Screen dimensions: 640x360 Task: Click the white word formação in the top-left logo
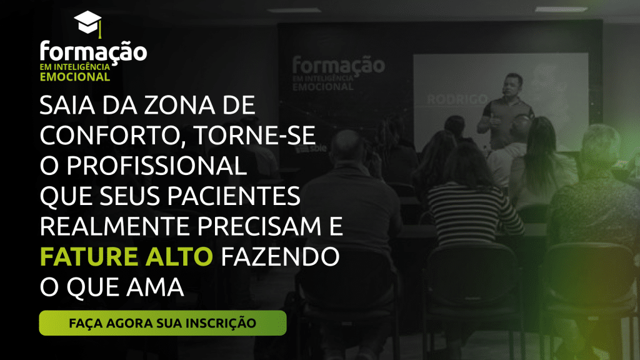(93, 52)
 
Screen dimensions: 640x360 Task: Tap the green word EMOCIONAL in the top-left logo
(75, 77)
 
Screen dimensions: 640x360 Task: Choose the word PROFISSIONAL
(156, 166)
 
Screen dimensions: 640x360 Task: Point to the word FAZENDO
(280, 257)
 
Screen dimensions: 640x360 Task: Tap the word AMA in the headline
(155, 287)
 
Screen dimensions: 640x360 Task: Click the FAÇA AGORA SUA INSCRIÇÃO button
(162, 323)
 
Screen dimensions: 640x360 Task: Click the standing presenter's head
(512, 85)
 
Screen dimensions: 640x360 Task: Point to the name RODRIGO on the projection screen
(457, 99)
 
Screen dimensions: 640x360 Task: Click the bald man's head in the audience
(346, 147)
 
